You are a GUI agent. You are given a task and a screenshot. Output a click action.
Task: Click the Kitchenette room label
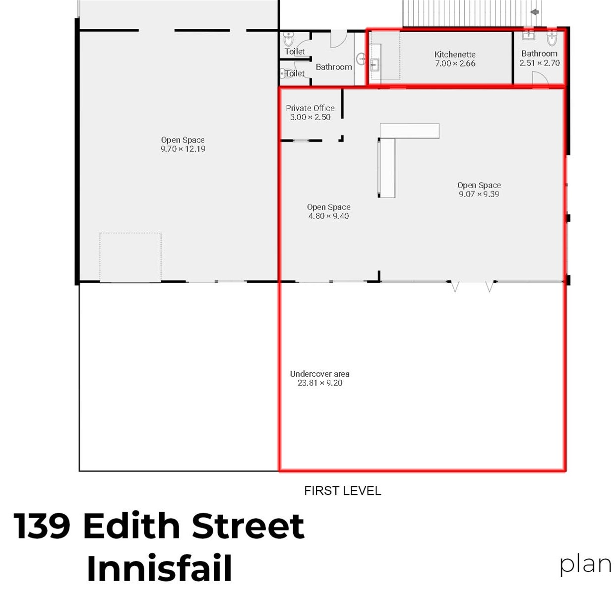tap(455, 55)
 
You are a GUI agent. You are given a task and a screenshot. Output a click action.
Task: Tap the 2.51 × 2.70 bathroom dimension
tap(539, 63)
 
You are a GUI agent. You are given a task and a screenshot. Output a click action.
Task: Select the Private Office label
tap(310, 108)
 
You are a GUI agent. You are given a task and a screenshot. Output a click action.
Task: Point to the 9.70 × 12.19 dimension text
tap(183, 149)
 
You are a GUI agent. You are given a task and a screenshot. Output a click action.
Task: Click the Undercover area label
tap(320, 374)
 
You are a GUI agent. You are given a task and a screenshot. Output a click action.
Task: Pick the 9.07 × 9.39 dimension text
tap(479, 194)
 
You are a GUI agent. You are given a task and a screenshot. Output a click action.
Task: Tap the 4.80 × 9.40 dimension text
tap(329, 216)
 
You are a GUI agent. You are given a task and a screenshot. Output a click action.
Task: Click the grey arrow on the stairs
tap(535, 12)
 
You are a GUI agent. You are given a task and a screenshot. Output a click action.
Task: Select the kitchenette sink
tap(375, 65)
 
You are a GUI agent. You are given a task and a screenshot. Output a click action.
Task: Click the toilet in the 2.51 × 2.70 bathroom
tap(552, 38)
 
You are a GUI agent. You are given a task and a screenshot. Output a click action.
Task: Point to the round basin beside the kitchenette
tap(362, 59)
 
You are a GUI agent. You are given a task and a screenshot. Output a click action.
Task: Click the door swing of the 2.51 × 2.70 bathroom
tap(540, 78)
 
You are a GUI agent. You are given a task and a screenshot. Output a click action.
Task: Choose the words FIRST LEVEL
tap(342, 490)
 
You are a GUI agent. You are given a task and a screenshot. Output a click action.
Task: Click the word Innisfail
tap(159, 568)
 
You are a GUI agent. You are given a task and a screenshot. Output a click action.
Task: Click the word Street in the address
tap(248, 526)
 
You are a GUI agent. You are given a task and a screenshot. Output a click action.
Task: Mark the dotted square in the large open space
tap(130, 258)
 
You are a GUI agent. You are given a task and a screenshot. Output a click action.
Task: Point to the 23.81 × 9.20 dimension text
tap(320, 383)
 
